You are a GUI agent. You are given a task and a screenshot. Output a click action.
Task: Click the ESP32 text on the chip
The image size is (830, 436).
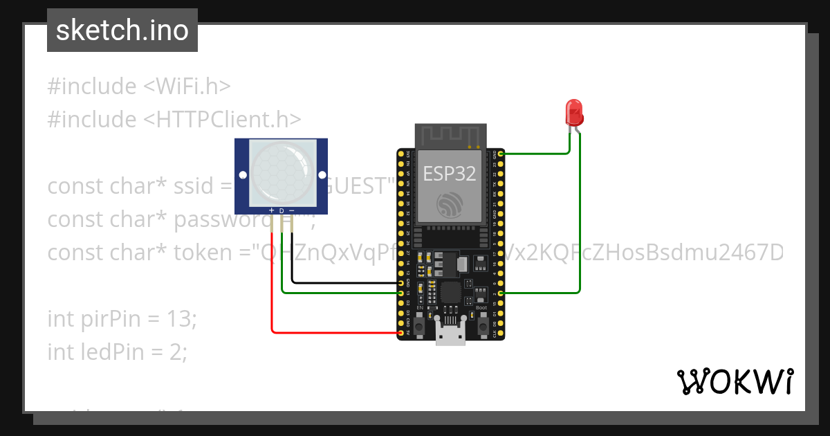click(450, 174)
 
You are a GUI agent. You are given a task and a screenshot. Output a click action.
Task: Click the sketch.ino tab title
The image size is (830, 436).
click(122, 30)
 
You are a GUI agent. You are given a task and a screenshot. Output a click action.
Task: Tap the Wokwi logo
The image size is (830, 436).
click(735, 381)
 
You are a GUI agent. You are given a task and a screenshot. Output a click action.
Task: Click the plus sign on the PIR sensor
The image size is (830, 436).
click(271, 210)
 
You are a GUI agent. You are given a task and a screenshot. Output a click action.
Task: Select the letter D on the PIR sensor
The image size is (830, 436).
click(282, 210)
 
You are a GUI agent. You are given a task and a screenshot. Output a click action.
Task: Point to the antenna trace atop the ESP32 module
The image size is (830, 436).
click(450, 134)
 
